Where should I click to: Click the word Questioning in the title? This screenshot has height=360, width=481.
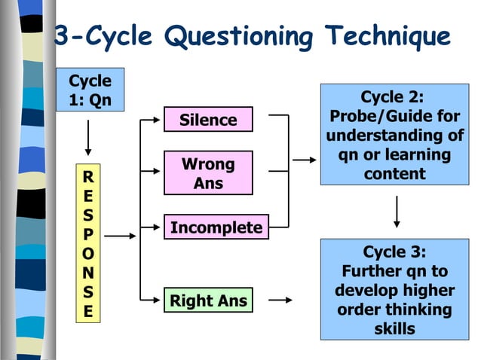click(x=240, y=35)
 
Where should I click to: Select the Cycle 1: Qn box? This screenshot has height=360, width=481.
click(x=90, y=90)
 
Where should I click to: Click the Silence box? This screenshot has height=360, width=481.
click(x=208, y=120)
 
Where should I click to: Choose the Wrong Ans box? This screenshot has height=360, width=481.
click(x=208, y=173)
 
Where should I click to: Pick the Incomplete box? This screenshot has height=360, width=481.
click(x=216, y=227)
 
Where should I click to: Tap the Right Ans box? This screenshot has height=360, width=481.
click(x=208, y=301)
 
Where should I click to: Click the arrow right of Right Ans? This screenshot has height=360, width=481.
click(x=280, y=301)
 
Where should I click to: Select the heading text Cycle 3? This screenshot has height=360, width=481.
click(x=394, y=251)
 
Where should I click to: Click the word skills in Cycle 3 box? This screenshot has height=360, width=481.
click(x=394, y=329)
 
